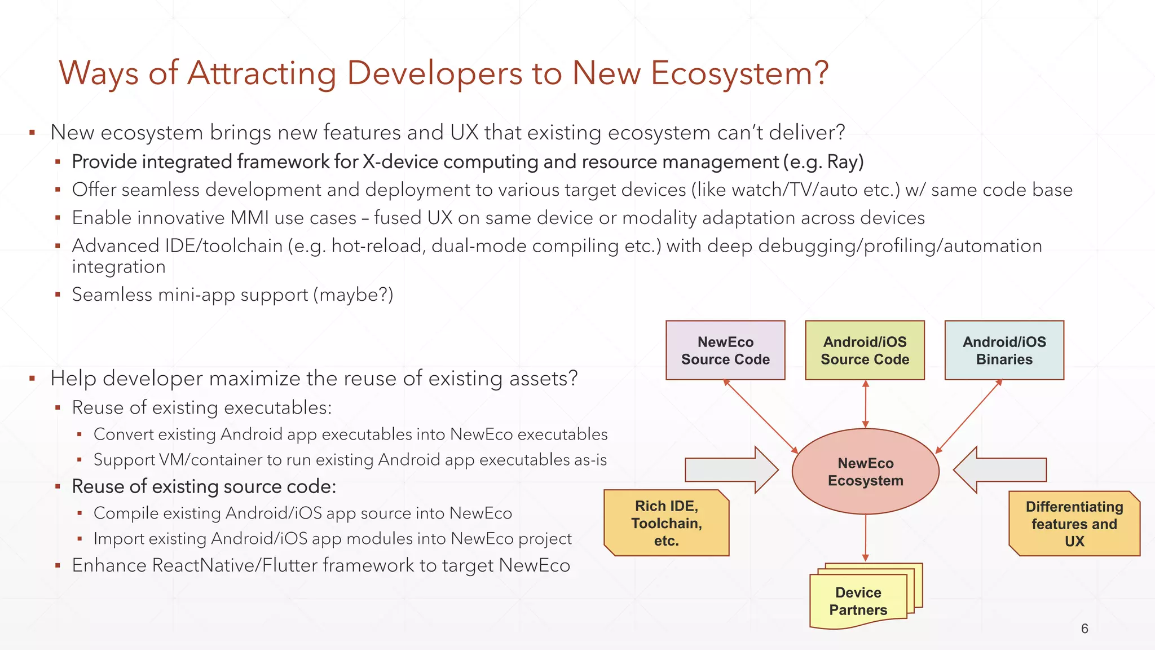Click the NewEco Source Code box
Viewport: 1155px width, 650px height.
click(x=725, y=350)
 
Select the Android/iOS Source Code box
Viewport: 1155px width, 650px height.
click(x=865, y=350)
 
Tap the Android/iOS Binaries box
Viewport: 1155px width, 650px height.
click(x=1004, y=350)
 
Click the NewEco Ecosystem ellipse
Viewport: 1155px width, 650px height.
click(x=865, y=472)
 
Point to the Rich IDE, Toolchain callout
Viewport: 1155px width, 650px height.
click(x=666, y=523)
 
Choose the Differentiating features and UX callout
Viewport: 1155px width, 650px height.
click(x=1074, y=524)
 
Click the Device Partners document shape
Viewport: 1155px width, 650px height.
click(x=858, y=601)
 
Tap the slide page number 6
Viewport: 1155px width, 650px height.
click(x=1084, y=629)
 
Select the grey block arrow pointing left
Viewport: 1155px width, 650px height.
click(x=1000, y=469)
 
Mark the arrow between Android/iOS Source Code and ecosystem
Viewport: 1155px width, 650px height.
click(x=866, y=404)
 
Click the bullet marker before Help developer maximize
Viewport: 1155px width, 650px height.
click(x=33, y=379)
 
